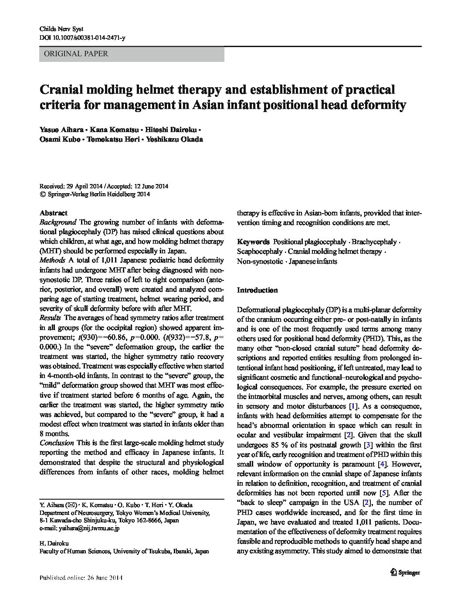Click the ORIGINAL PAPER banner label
74,54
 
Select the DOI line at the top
82,38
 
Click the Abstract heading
53,213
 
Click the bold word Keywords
253,242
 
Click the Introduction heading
257,290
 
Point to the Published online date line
81,578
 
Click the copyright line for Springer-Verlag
95,194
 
